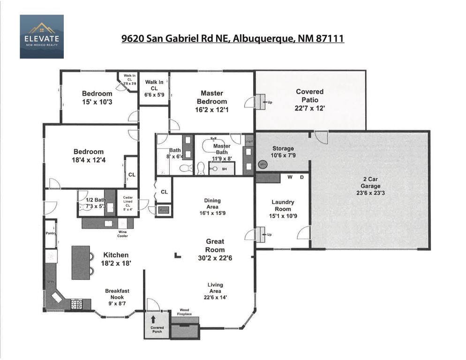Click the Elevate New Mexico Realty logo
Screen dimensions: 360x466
[x=41, y=37]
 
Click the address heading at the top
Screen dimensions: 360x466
[x=233, y=38]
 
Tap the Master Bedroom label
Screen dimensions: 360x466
[x=212, y=97]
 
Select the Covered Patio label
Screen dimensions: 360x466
[x=309, y=96]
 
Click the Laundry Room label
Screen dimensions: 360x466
[x=283, y=206]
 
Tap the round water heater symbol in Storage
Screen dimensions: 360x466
[x=263, y=165]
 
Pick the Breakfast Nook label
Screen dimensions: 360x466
[x=117, y=294]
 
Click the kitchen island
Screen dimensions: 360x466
[x=80, y=263]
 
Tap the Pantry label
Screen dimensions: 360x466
[x=51, y=233]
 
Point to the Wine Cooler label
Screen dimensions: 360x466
[x=122, y=233]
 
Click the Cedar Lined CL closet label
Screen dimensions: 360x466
[x=128, y=203]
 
